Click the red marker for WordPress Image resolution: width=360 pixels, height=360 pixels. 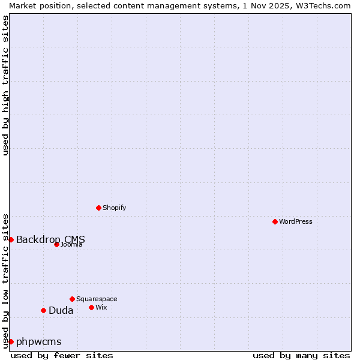275,221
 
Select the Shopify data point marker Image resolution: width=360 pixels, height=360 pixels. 98,208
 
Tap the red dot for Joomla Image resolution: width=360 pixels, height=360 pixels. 56,244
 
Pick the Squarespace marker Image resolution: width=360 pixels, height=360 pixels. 72,299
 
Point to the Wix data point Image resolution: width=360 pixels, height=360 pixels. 91,307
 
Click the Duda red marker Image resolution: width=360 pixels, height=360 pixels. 43,310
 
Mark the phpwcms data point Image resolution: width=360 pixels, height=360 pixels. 11,341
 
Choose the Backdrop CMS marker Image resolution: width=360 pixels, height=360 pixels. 11,239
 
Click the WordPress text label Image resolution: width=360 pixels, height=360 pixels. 296,221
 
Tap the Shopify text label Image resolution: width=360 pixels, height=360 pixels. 114,208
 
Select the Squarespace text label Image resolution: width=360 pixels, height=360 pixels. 97,299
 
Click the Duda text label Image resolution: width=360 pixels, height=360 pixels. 61,310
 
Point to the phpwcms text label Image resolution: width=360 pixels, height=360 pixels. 38,341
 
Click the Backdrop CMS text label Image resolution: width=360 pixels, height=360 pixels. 50,239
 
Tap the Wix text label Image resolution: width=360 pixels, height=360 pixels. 101,307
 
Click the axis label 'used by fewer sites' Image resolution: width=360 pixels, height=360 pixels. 62,355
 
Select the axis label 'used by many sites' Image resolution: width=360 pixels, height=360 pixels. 301,355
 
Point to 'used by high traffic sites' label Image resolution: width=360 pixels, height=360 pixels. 5,85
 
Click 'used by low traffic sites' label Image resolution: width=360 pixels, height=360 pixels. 5,280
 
